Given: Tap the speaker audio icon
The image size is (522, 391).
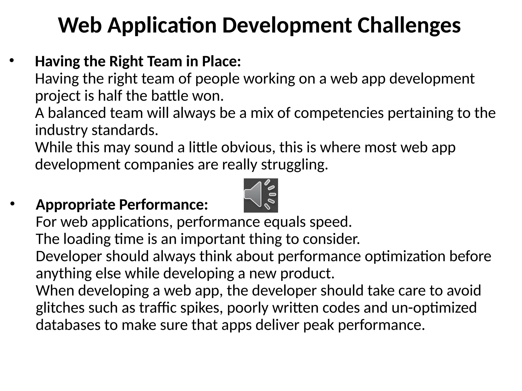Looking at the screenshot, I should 261,195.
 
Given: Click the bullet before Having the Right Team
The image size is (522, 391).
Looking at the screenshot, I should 11,61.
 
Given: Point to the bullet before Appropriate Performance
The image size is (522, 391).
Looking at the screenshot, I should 13,204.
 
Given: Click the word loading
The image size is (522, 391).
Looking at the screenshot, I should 87,239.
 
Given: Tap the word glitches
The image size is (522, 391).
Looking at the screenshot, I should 60,308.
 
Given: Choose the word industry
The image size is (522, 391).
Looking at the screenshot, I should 61,130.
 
